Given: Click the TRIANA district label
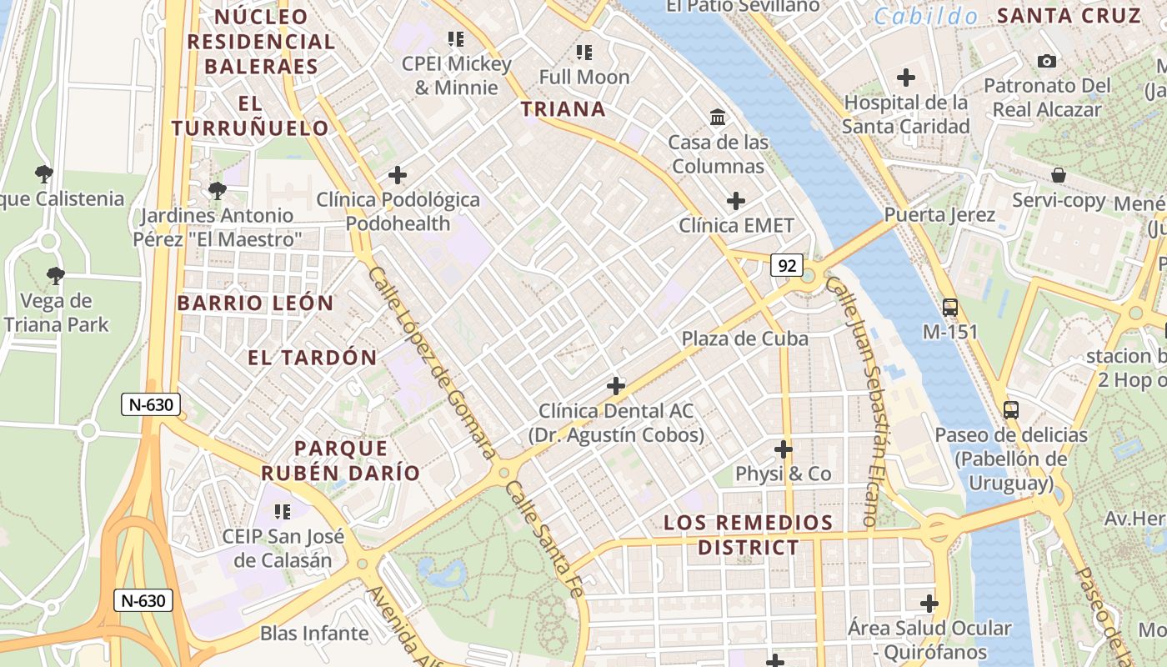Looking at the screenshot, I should coord(563,109).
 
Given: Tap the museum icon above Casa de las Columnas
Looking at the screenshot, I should coord(717,117).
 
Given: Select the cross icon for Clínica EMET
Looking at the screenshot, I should coord(735,201).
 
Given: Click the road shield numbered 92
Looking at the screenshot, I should coord(786,265).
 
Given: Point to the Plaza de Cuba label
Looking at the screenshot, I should coord(745,339).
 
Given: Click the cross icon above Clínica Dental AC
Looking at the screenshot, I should coord(616,386).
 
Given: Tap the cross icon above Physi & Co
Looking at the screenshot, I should coord(783,449).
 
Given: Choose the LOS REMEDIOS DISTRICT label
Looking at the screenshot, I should coord(748,534).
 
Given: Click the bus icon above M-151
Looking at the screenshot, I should coord(949,307).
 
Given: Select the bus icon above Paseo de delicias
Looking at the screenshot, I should coord(1010,409).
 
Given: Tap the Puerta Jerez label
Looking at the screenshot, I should coord(939,215).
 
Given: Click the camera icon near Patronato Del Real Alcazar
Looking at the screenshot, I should coord(1047,61).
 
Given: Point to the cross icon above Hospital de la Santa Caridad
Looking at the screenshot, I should coord(905,78).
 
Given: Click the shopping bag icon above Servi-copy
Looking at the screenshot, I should coord(1058,175).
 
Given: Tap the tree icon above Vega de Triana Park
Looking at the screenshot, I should coord(55,275).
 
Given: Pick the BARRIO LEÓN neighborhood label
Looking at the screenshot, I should coord(255,303).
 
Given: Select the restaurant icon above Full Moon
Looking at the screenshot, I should coord(583,53).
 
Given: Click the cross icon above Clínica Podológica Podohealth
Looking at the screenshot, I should coord(398,175).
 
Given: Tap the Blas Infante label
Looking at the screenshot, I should coord(314,633).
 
